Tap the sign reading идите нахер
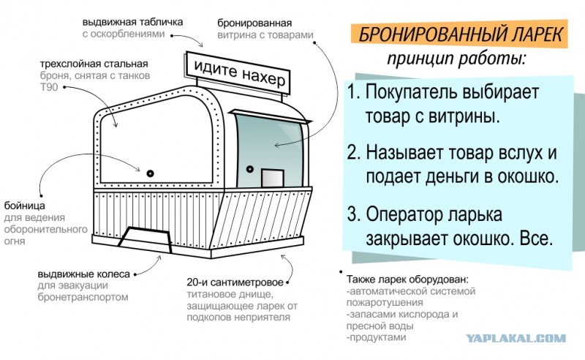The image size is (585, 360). [238, 72]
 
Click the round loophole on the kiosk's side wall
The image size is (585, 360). [149, 173]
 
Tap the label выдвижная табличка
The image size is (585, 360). [133, 22]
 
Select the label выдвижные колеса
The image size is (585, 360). [84, 274]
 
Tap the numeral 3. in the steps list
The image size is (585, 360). [355, 216]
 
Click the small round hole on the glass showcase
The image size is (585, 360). [249, 169]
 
